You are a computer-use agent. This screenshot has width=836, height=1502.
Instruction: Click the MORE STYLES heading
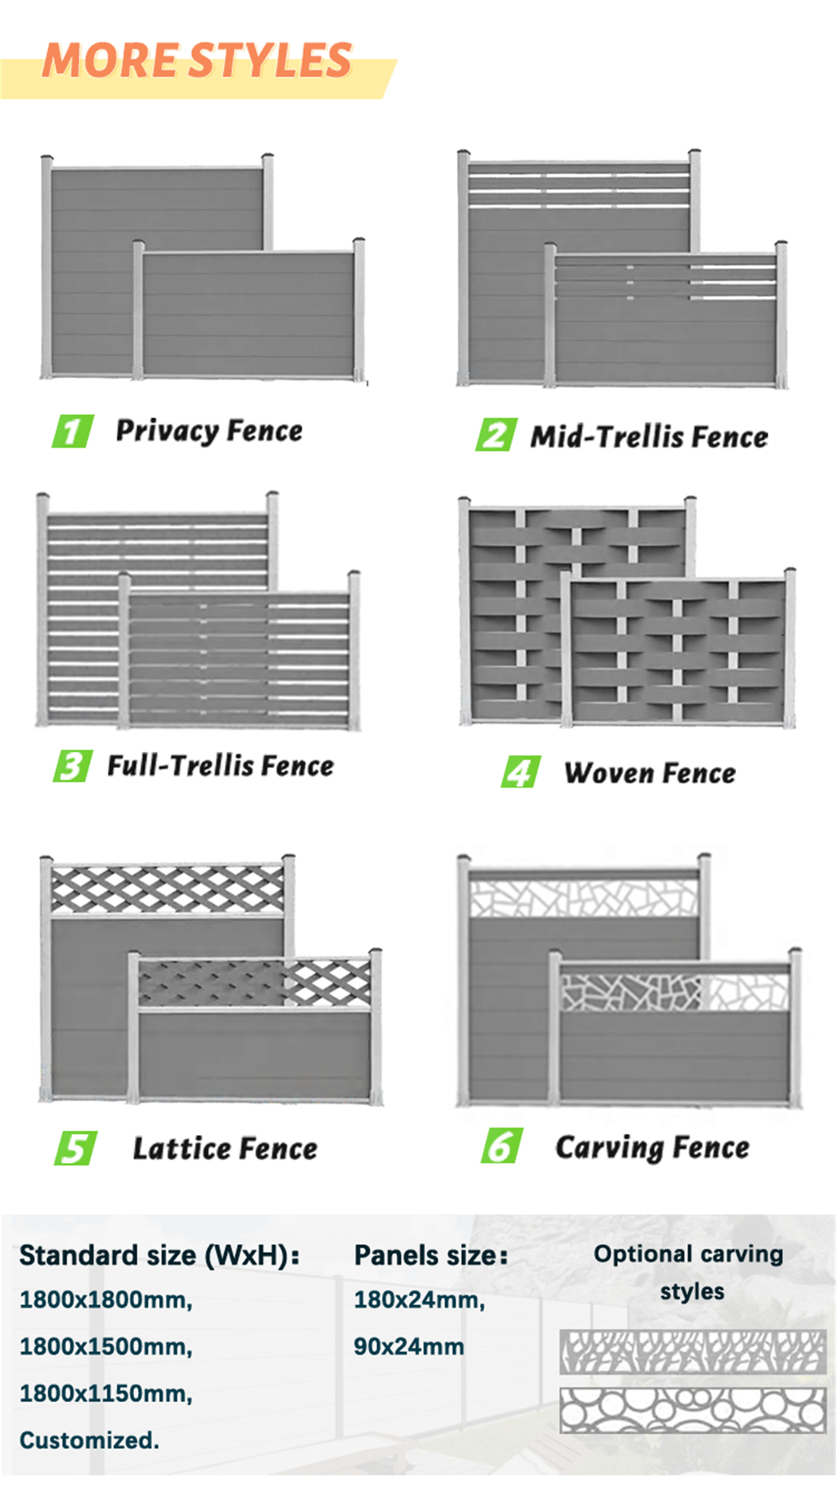197,60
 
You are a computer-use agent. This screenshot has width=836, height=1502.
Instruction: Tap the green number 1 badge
73,431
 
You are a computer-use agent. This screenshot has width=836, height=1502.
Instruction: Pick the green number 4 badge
520,772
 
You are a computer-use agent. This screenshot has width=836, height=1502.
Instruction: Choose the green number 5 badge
76,1148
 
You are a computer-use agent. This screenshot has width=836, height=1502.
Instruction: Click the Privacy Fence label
210,432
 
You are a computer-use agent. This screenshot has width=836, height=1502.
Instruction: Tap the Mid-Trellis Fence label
649,437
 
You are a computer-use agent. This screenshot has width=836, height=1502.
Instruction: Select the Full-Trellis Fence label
220,765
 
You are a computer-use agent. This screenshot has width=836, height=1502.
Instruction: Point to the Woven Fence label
650,773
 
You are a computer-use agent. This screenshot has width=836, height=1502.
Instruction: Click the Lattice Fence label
225,1149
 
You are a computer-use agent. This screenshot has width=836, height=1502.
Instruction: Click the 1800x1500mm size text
106,1346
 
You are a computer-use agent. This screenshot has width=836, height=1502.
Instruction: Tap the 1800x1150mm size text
106,1393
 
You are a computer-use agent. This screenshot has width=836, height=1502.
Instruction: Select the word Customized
89,1440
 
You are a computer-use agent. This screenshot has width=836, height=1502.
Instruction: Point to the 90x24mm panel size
409,1346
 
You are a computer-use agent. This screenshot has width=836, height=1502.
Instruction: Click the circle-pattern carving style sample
693,1411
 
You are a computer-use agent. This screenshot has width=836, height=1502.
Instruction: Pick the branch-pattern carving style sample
693,1352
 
